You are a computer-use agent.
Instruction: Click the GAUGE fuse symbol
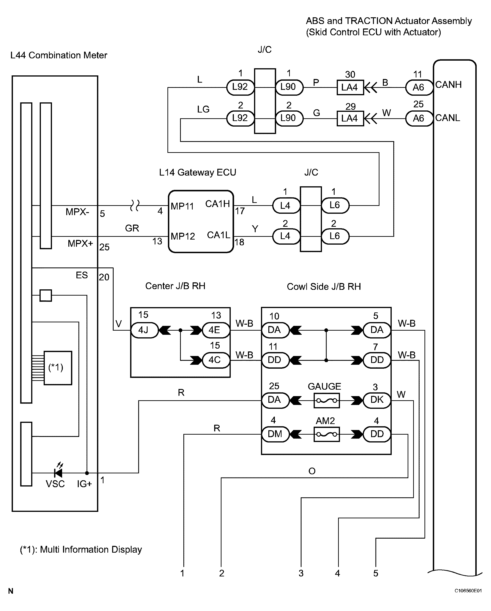tap(326, 400)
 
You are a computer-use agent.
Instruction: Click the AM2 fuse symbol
tap(326, 434)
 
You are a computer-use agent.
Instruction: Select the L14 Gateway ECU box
tap(201, 221)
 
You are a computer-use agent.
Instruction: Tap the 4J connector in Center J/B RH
tap(144, 330)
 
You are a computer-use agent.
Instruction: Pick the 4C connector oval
tap(215, 360)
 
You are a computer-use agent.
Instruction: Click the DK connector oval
tap(377, 400)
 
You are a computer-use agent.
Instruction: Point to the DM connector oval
tap(275, 434)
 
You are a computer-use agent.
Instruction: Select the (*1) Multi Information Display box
tap(58, 368)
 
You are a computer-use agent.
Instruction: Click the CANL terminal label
tap(448, 118)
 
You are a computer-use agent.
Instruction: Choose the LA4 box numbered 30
tap(350, 87)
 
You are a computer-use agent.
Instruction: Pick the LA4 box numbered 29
tap(350, 118)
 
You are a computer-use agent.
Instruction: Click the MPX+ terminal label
tap(80, 243)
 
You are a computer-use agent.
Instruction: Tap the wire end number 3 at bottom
tap(301, 573)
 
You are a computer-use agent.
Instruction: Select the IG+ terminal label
tap(84, 484)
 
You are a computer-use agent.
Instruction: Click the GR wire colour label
tap(132, 228)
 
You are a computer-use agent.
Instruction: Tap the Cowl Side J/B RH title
tap(324, 287)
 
